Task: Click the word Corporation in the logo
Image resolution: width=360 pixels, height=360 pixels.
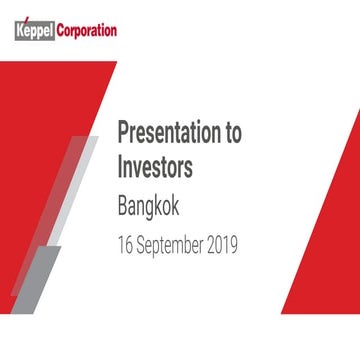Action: tap(84, 30)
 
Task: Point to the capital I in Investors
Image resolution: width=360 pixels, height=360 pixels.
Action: tap(120, 167)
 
